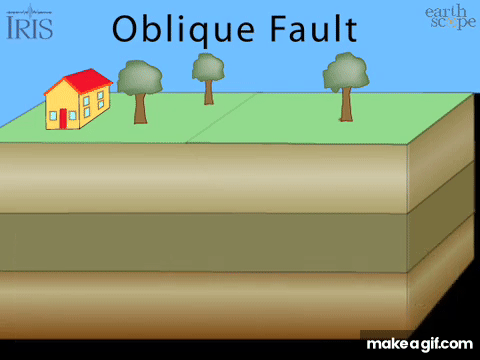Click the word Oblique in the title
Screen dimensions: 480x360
183,30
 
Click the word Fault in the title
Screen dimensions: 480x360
314,28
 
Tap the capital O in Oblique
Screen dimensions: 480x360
125,29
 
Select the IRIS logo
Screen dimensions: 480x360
29,22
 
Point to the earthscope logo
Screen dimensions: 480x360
450,17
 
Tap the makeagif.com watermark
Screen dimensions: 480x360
419,344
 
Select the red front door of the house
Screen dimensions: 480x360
63,119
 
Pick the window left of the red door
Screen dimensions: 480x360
53,116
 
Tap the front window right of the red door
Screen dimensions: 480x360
72,115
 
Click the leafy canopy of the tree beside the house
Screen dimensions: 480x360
140,78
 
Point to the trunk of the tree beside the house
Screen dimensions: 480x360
140,109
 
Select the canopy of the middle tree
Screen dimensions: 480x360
208,68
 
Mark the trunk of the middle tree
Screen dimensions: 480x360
209,93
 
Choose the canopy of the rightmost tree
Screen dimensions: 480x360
346,71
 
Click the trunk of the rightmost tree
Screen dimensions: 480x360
346,104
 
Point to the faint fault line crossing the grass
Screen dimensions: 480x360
222,118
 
